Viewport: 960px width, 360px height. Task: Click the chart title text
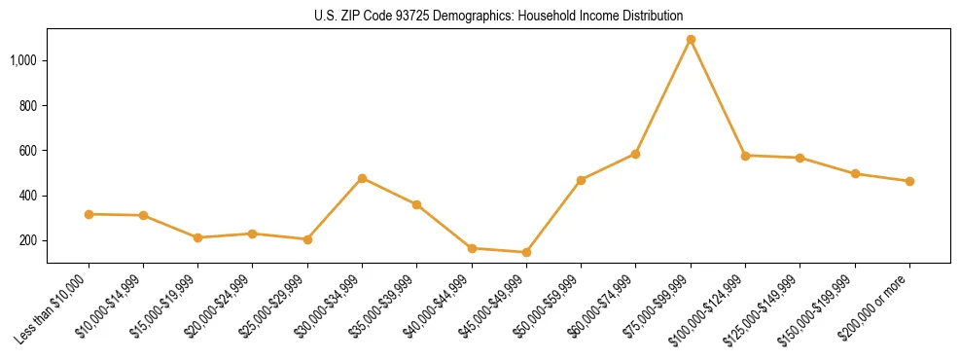499,17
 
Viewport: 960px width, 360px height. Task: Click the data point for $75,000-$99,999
691,40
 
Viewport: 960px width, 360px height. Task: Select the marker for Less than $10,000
89,214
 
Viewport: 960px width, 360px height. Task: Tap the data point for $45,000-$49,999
526,253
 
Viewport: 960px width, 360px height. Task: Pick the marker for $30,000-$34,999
362,178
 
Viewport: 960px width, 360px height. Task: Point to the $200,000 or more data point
909,181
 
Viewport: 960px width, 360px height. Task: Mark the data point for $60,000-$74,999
635,154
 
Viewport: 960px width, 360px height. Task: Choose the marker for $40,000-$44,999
472,248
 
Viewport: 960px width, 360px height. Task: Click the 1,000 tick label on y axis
23,60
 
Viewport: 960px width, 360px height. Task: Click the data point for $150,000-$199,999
855,174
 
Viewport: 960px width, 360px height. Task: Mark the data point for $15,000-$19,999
197,237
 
